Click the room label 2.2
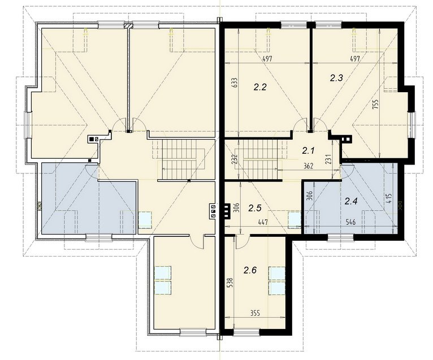point(260,88)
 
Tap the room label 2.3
point(336,78)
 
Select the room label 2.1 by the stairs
point(308,151)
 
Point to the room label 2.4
point(351,201)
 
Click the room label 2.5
point(254,208)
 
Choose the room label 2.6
point(250,270)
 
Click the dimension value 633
point(235,83)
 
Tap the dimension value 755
point(375,105)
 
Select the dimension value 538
point(231,283)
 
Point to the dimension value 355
point(255,313)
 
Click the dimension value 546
point(350,222)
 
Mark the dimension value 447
point(263,222)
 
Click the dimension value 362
point(308,166)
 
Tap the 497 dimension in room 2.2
point(267,59)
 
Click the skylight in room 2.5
point(295,220)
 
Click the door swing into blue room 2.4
point(348,171)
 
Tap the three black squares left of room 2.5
point(227,211)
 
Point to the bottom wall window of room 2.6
point(246,332)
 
